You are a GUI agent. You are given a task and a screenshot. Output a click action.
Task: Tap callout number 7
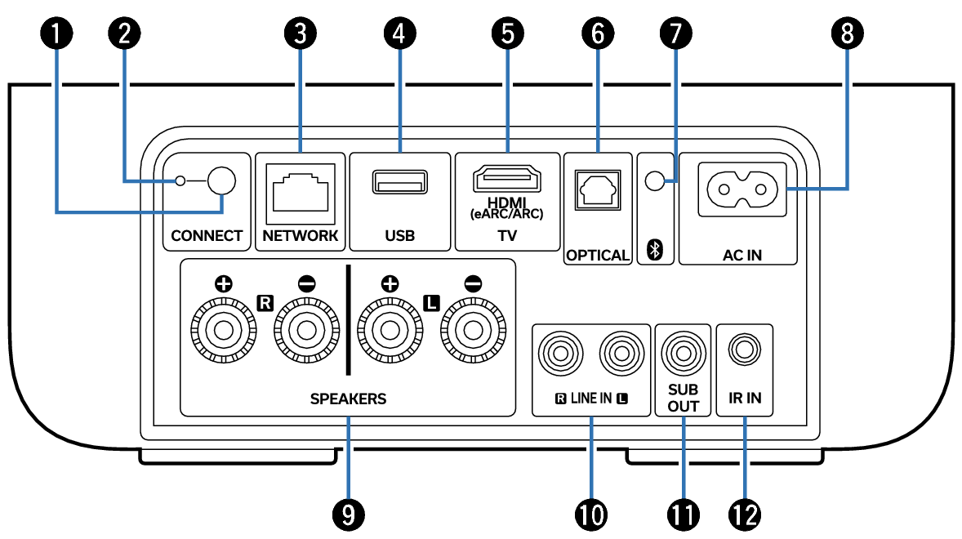(675, 33)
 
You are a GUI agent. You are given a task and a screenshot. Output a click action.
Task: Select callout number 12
(745, 513)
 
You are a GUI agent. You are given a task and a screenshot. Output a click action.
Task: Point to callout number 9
(349, 513)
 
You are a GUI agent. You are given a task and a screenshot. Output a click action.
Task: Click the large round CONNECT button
(221, 180)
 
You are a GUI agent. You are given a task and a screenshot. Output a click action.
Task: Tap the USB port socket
(399, 181)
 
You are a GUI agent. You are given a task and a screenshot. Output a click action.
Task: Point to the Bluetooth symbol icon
(652, 252)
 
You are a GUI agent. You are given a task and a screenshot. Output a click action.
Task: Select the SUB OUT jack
(684, 352)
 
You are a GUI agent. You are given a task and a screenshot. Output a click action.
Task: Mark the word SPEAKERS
(348, 399)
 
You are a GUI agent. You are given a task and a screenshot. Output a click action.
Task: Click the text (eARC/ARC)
(506, 215)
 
